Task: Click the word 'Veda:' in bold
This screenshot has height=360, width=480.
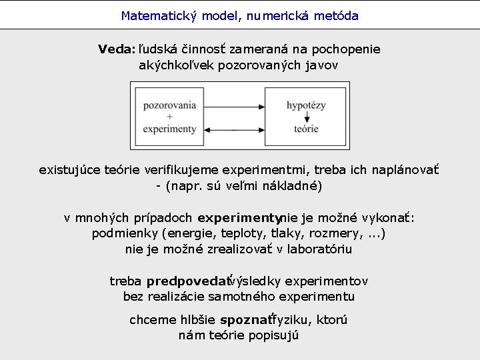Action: click(x=117, y=49)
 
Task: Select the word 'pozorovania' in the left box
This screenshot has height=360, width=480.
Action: click(x=170, y=105)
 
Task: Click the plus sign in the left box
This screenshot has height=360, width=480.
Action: click(x=170, y=117)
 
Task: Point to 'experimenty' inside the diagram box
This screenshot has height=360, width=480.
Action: click(x=170, y=129)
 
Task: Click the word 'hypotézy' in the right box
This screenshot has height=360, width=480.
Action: click(x=306, y=105)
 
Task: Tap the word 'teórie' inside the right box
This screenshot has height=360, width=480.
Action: click(x=306, y=129)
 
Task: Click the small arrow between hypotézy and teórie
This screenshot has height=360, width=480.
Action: click(x=306, y=117)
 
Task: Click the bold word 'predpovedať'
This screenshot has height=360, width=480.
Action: click(x=187, y=281)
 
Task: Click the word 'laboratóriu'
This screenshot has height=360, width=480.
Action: click(x=319, y=249)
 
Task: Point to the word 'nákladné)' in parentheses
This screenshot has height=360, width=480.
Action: click(x=295, y=185)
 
